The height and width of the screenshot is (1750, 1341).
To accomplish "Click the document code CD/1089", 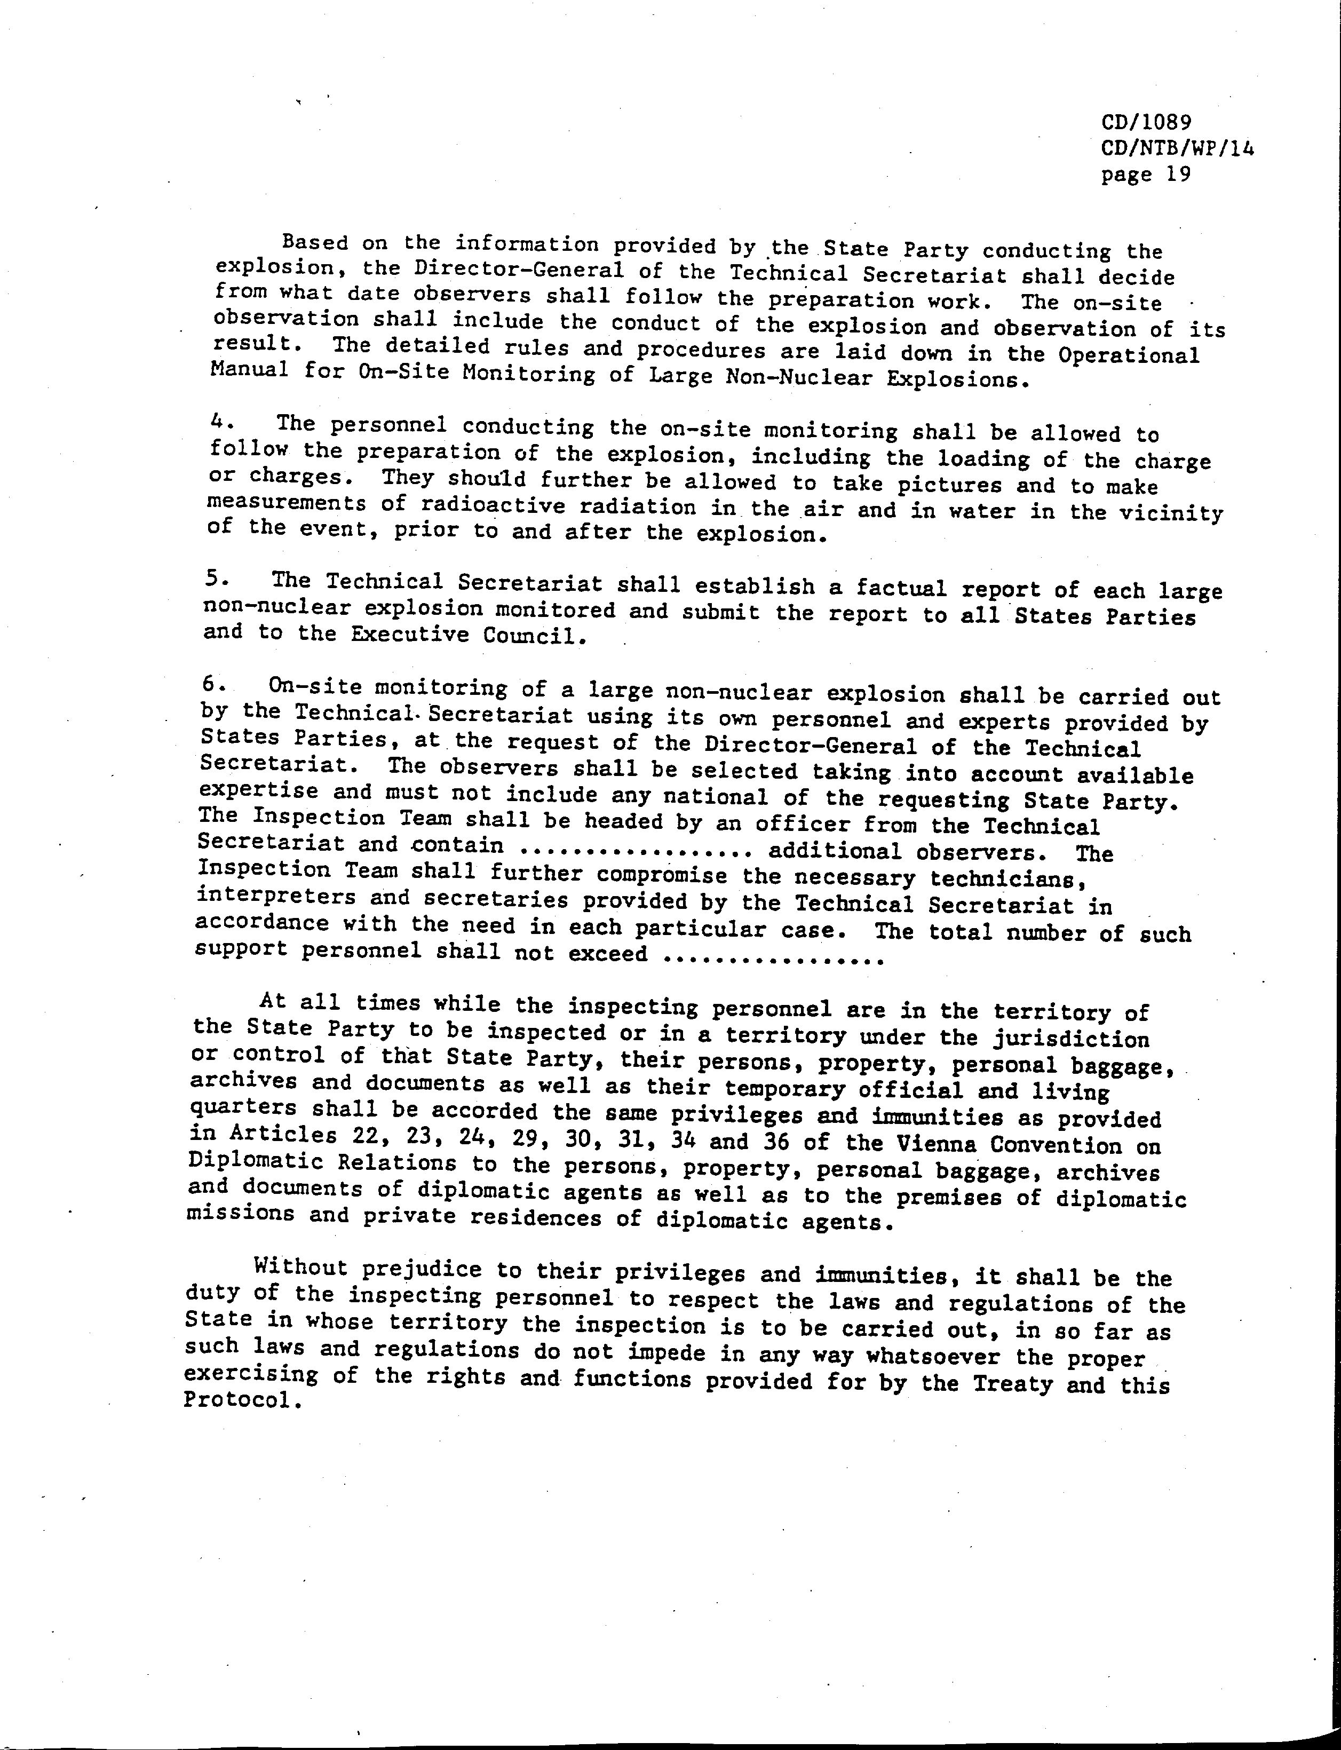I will pyautogui.click(x=1146, y=122).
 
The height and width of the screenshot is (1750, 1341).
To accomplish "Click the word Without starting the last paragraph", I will pyautogui.click(x=301, y=1267).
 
